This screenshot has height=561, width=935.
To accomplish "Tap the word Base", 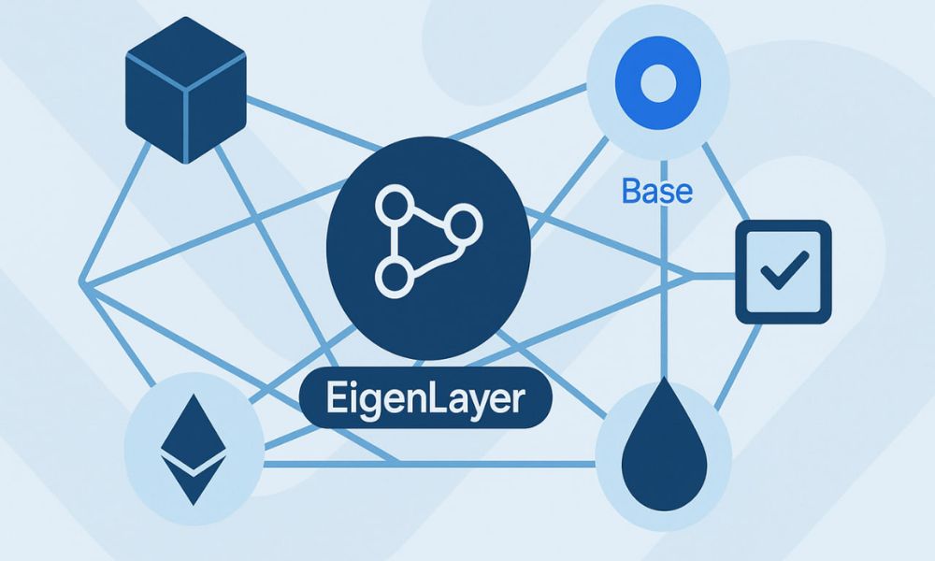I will (x=656, y=192).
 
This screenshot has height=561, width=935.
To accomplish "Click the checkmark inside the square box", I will (x=783, y=273).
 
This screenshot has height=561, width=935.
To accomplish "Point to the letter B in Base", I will (x=631, y=192).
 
